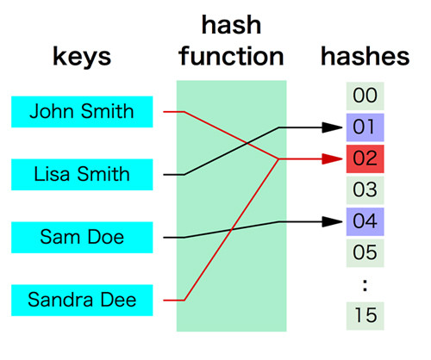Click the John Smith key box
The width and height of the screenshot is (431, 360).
coord(82,112)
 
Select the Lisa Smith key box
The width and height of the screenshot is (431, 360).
coord(82,175)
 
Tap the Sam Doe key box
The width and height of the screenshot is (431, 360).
coord(82,238)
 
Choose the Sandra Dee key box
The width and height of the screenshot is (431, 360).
coord(82,301)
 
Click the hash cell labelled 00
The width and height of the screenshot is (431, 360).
coord(365,96)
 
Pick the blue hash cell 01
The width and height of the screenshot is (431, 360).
coord(365,127)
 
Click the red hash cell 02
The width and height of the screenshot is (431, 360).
coord(365,158)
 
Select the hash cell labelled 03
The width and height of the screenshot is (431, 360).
coord(365,190)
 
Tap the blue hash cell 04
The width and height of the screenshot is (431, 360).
coord(365,221)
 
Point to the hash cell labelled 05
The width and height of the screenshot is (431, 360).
coord(365,253)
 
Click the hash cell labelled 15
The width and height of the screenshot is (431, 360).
coord(365,316)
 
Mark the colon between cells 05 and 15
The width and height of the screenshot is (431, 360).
coord(365,285)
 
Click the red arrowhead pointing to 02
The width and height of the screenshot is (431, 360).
coord(332,158)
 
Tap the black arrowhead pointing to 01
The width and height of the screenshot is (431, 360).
coord(332,127)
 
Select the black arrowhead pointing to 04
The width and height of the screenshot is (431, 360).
coord(332,221)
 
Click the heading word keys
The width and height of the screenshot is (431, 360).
coord(82,57)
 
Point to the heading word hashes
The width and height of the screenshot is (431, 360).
coord(365,56)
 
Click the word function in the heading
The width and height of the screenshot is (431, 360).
coord(231,56)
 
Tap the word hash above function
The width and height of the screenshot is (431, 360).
coord(231,25)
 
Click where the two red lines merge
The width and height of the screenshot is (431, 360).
coord(278,158)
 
